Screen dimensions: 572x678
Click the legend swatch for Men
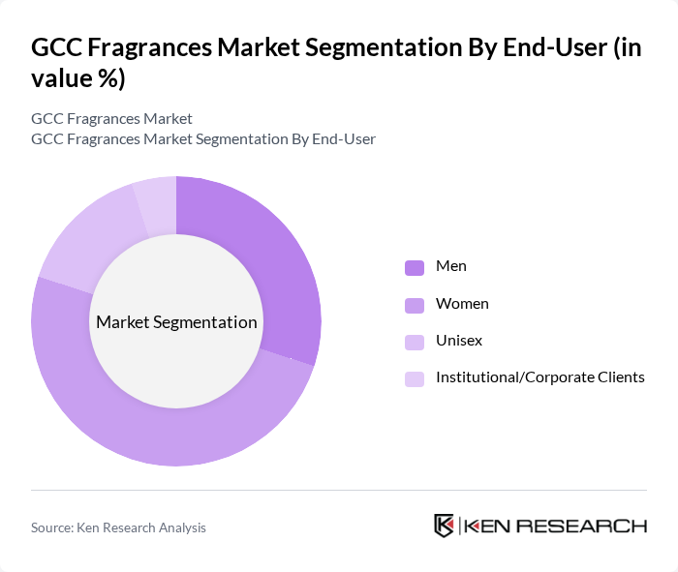tap(415, 267)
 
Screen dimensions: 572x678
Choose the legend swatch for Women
tap(415, 305)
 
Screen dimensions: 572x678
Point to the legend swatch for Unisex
tap(415, 342)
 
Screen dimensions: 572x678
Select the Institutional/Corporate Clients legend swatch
tap(415, 378)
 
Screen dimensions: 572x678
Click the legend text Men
tap(451, 266)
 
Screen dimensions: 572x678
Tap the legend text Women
tap(462, 304)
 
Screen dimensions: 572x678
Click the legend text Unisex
tap(459, 341)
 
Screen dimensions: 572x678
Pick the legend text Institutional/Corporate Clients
tap(539, 377)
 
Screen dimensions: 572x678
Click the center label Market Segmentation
tap(176, 322)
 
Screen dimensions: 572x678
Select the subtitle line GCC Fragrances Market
tap(111, 118)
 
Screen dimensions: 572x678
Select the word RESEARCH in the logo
tap(593, 527)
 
